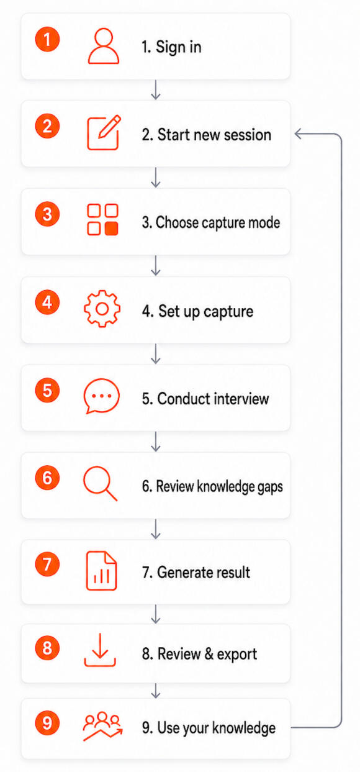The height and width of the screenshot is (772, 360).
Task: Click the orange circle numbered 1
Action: point(47,39)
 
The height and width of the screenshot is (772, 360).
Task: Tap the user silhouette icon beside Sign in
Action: point(104,46)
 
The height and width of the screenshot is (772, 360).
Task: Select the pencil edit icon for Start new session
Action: point(104,133)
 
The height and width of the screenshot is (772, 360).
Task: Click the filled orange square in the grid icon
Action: point(111,229)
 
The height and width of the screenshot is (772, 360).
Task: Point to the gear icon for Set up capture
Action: point(102,309)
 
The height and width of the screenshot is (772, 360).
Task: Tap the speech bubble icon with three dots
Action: point(102,396)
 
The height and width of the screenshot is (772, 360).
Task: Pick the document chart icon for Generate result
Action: point(101,571)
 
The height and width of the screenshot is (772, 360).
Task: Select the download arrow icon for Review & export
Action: point(100,650)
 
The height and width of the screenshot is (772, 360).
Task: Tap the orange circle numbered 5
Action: point(47,391)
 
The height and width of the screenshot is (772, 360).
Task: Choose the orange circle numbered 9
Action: point(47,723)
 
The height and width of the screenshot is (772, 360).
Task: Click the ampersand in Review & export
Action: point(209,654)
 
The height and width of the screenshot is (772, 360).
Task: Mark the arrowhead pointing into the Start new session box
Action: point(299,134)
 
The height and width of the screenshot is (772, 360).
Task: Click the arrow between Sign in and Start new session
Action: point(156,90)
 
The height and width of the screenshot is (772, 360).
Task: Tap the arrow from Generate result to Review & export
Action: point(156,614)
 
